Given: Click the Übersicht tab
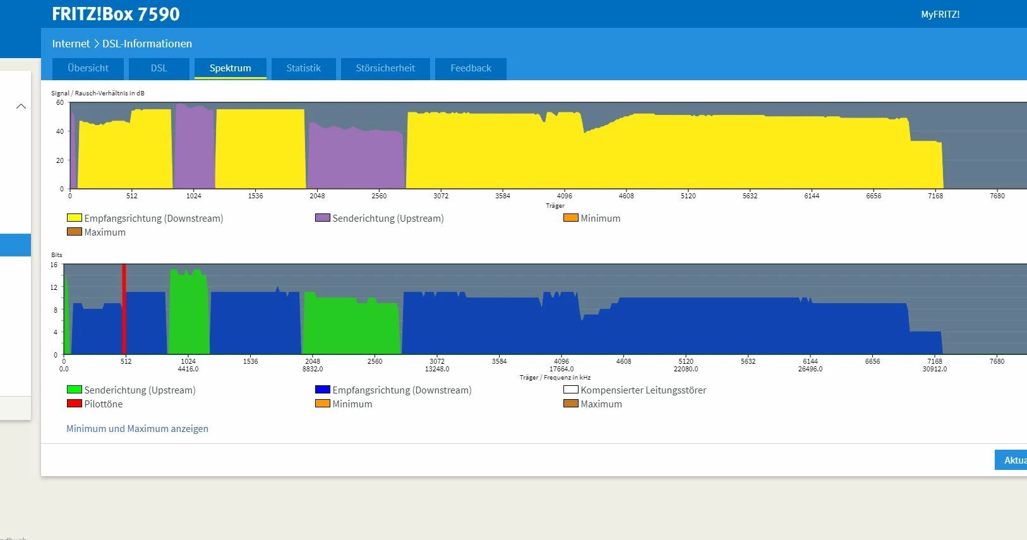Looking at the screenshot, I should (x=88, y=68).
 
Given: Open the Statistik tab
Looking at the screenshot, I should (x=303, y=68).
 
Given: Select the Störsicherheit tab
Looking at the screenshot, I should (x=385, y=68).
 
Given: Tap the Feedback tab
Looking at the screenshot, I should (x=471, y=68).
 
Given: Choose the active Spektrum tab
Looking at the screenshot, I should (x=230, y=68).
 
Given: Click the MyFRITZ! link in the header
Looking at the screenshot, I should (x=940, y=15).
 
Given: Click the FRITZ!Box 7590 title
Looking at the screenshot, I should (x=116, y=14).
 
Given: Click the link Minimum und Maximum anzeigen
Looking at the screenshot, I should (x=137, y=429).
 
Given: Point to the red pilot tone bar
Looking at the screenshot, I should (x=124, y=309).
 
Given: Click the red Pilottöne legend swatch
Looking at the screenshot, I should (x=75, y=404).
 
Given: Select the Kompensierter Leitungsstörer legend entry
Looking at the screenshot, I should (x=643, y=390).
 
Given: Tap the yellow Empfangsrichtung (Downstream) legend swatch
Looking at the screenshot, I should (x=75, y=218).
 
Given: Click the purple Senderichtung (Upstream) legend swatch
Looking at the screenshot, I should (x=323, y=218).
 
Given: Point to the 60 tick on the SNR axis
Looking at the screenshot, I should (x=60, y=102).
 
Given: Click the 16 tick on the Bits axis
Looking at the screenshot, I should (x=54, y=265).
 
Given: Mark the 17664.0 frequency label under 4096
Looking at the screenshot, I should (x=562, y=369).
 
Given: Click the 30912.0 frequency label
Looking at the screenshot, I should (x=934, y=369).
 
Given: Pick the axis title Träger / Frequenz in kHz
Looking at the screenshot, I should (x=555, y=378).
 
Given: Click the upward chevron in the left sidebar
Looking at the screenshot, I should (x=21, y=106).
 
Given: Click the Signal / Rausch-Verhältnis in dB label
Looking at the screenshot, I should (x=98, y=93).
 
